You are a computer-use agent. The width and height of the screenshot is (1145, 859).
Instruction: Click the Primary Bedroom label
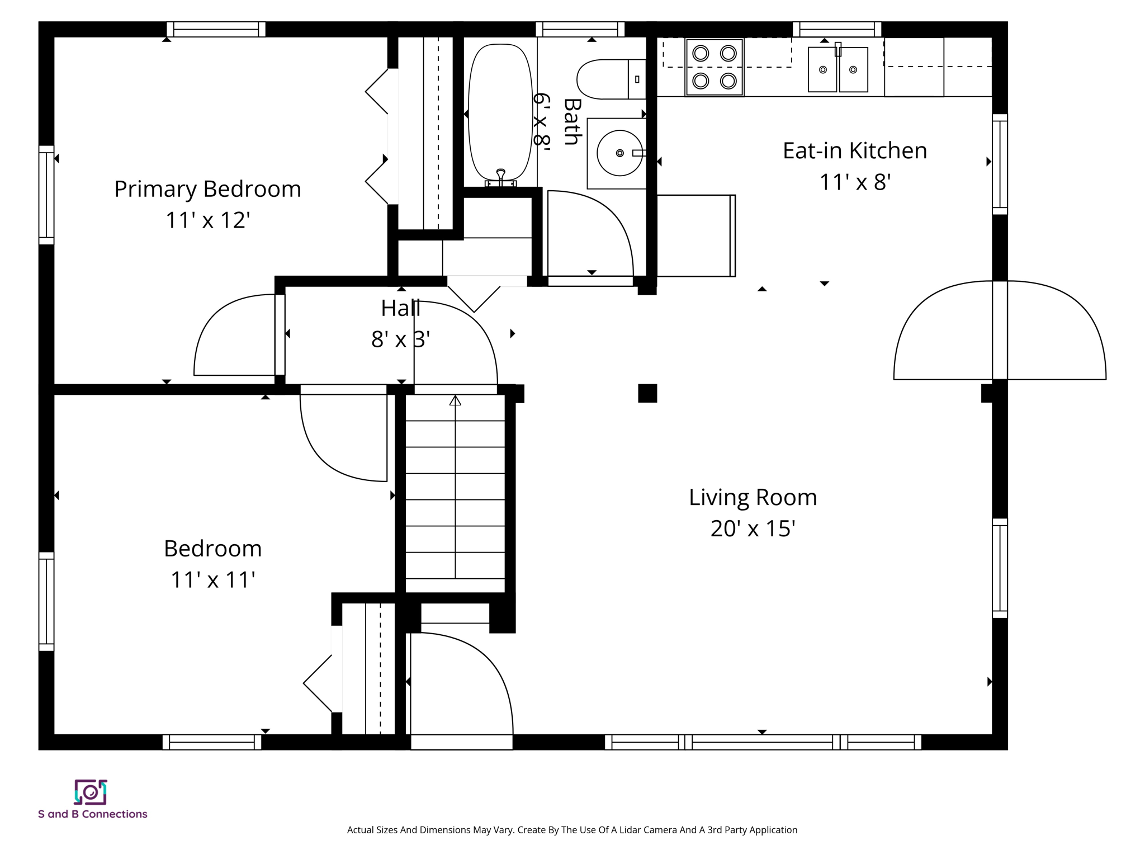(x=207, y=189)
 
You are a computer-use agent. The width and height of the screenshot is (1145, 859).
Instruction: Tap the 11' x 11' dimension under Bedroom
(x=212, y=580)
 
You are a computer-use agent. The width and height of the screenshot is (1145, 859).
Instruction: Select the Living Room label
(x=753, y=497)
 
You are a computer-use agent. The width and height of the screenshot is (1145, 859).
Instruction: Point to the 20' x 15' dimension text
(x=753, y=528)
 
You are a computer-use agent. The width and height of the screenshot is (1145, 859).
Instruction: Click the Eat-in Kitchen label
(x=854, y=150)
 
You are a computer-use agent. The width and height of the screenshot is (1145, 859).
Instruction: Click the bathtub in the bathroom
(x=500, y=112)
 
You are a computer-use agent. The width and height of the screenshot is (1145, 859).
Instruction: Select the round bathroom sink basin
(x=619, y=153)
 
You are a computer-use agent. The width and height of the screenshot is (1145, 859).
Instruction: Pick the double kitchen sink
(x=838, y=69)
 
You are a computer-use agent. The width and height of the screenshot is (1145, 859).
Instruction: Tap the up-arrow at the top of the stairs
(x=455, y=400)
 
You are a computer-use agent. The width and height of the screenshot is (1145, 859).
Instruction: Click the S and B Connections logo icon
(x=91, y=792)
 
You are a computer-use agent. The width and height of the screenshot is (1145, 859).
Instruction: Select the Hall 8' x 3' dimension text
(x=400, y=339)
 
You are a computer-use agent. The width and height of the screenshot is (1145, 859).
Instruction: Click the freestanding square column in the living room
(x=647, y=393)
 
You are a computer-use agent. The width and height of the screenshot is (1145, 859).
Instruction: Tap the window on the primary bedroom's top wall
(x=216, y=29)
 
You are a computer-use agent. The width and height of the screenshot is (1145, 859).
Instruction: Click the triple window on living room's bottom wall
(x=763, y=742)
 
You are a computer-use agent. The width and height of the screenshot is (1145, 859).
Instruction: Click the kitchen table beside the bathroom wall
(x=695, y=235)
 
